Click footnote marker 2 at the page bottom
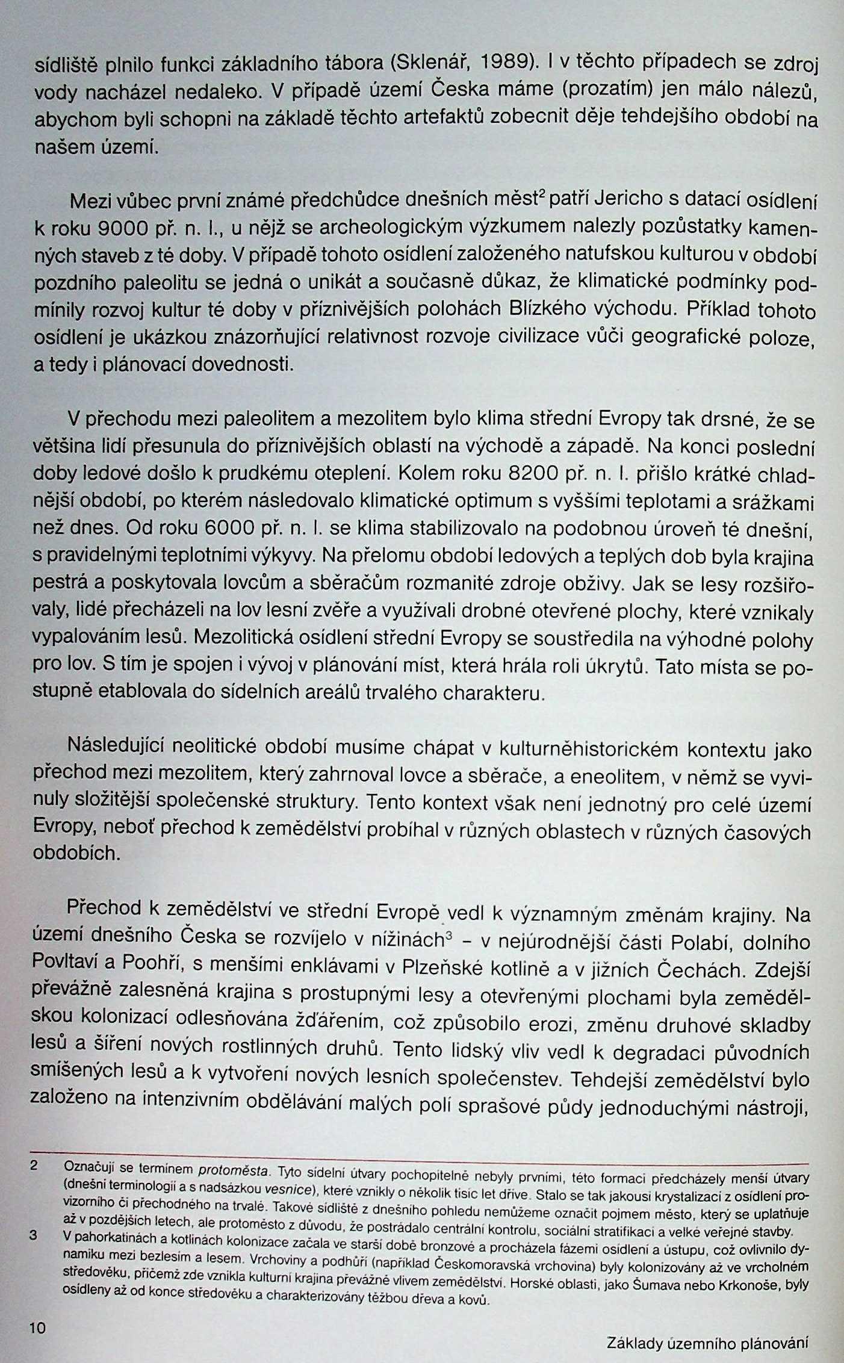[34, 1166]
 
